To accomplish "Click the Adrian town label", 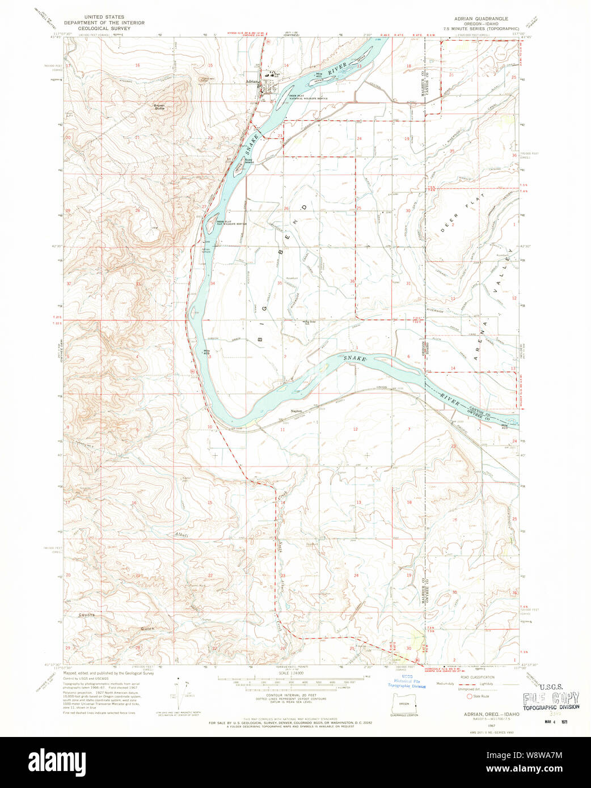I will point(252,82).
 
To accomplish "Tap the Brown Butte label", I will point(159,106).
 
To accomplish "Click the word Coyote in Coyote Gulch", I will point(87,615).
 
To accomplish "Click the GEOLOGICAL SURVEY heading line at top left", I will point(104,28).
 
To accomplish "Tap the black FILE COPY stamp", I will point(551,698).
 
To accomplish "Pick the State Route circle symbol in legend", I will point(469,696).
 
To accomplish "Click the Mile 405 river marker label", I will point(207,353).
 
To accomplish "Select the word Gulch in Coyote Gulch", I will point(147,629).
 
